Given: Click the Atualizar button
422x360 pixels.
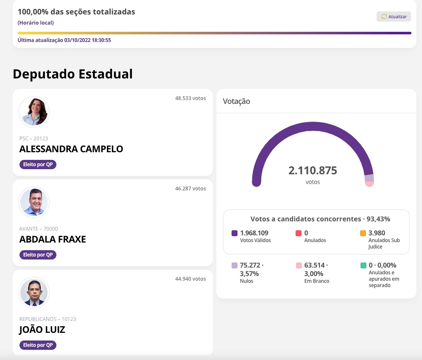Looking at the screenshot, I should coord(394,17).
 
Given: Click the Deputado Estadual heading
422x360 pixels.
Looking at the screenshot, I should coord(73,74).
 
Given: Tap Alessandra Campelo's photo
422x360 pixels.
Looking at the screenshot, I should coord(34,112).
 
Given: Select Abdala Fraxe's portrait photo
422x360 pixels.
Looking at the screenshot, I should coord(34,202).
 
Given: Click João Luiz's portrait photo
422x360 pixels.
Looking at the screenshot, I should coord(34,293).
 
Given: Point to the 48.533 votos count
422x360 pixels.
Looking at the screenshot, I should coord(190,98).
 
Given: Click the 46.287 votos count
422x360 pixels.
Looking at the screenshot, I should coord(190,188).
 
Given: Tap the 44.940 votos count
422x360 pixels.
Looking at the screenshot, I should coord(190,279).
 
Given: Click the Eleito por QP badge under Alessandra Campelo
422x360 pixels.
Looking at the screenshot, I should coord(38,165).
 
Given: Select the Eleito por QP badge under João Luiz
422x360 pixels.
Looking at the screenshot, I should coord(38,345).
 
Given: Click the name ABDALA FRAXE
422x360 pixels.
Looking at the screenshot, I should coord(53,239).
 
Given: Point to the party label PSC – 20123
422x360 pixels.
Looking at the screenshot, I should coord(34,138).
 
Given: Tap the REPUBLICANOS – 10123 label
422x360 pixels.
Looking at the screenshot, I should coord(48,319).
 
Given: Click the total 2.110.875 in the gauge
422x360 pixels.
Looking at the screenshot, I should coord(313,170).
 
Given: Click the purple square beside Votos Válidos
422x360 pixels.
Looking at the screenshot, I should coord(235,233).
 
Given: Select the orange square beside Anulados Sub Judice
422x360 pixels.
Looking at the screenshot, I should coord(363,233).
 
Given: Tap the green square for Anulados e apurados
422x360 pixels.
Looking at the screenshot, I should coord(363,265).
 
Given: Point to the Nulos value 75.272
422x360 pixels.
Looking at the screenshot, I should coord(250,265).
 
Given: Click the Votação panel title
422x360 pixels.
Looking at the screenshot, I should coord(236,101).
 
